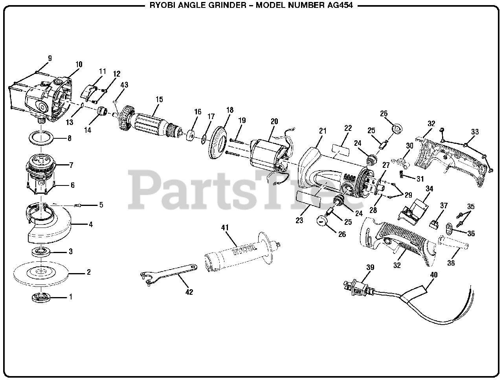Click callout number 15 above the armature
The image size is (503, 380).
point(159,100)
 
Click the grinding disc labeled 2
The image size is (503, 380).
point(41,272)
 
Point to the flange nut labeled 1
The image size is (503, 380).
point(41,297)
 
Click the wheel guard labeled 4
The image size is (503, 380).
point(49,228)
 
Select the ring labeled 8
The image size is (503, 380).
point(41,138)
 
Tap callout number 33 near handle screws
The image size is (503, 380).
point(475,132)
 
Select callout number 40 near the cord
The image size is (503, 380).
point(433,275)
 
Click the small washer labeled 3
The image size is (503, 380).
point(41,251)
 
